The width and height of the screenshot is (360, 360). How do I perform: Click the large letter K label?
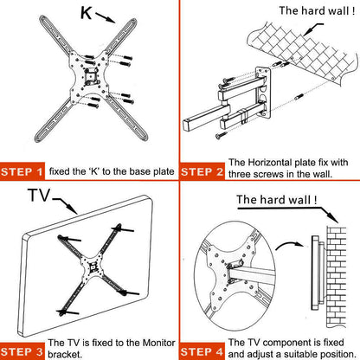point(86,13)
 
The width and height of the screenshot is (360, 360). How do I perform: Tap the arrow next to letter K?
point(106,17)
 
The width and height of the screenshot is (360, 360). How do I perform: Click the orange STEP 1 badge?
point(22,171)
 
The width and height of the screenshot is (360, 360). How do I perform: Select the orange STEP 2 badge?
point(202,172)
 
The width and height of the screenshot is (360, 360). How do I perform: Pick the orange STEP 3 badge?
point(22,351)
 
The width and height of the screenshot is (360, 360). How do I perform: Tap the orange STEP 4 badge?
point(202,351)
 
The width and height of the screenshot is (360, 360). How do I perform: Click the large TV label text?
point(39,196)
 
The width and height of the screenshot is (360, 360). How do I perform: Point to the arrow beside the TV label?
point(65,206)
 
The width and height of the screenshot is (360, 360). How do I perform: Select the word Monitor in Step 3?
point(159,343)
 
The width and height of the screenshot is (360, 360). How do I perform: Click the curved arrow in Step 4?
point(289,245)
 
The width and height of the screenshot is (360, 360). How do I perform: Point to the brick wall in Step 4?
point(336,277)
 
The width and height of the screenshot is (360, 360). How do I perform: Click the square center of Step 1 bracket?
point(91,76)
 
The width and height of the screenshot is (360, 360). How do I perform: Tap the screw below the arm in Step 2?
point(222,135)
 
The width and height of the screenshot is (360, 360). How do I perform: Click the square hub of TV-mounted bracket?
point(93,267)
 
